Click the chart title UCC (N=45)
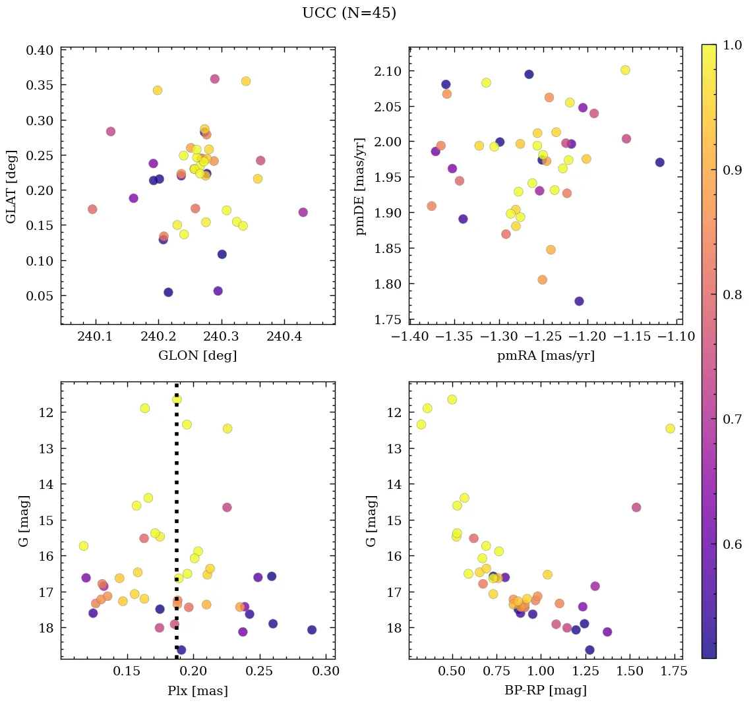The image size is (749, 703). pos(349,13)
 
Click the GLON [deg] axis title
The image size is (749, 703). pos(197,356)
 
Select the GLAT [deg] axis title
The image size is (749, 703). pos(13,185)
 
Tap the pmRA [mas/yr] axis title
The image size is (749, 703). pos(545,356)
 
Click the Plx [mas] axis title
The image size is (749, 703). pos(197,690)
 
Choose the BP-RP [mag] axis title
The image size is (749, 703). pos(545,690)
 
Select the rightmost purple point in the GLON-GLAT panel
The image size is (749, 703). pos(303,212)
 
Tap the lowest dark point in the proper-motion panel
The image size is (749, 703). pos(579,301)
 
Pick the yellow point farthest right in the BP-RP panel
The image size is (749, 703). pos(670,428)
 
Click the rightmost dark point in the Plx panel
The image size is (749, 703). pos(312,630)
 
